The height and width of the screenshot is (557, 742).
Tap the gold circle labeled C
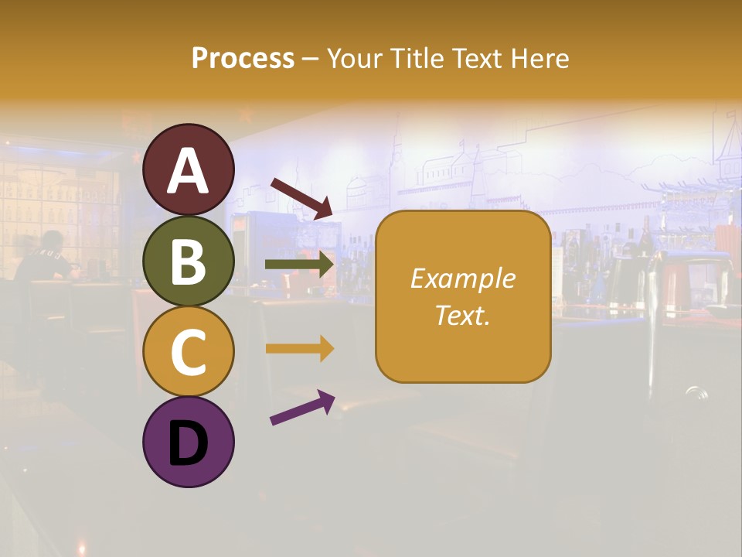pyautogui.click(x=189, y=353)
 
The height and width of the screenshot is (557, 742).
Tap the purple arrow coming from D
pyautogui.click(x=302, y=408)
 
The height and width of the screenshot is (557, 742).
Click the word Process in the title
pyautogui.click(x=243, y=59)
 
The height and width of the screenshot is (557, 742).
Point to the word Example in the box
pyautogui.click(x=463, y=278)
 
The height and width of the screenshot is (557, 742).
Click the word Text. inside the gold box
pyautogui.click(x=463, y=315)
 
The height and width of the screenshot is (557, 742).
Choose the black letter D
pyautogui.click(x=189, y=443)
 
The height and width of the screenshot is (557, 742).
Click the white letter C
pyautogui.click(x=189, y=353)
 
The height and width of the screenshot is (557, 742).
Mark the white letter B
pyautogui.click(x=189, y=262)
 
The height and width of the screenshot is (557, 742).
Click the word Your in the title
pyautogui.click(x=352, y=59)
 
